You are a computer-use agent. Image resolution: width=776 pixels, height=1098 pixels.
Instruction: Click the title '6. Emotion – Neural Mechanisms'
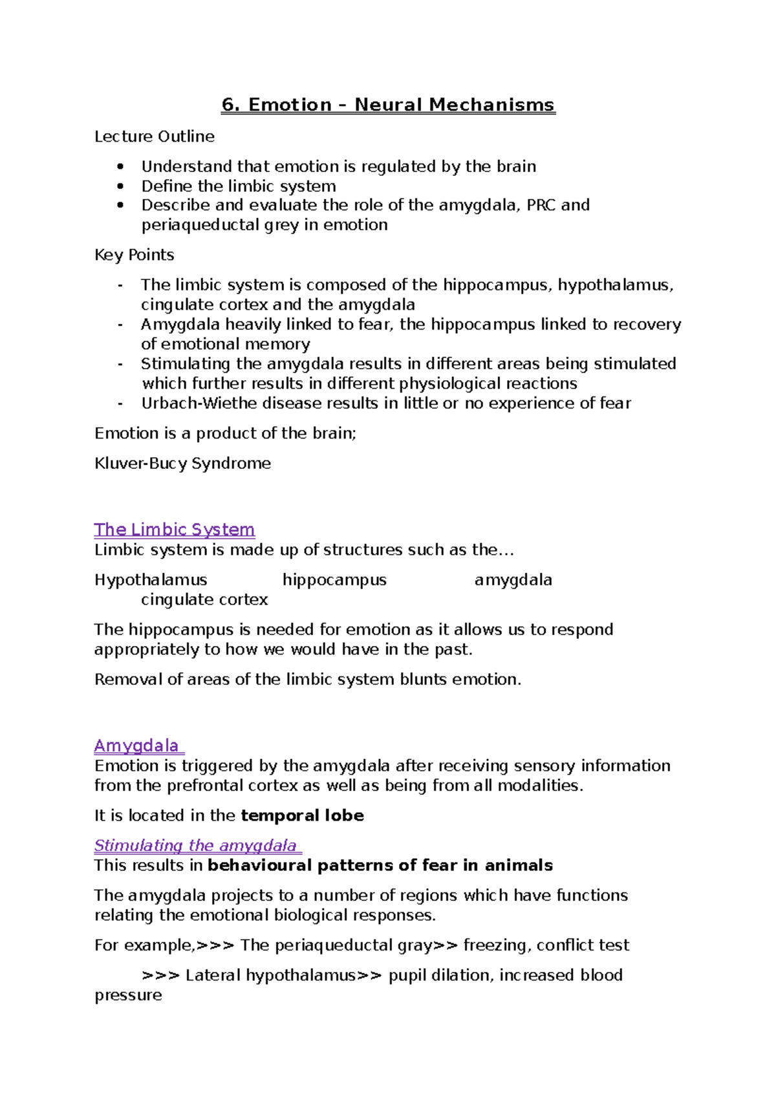388,105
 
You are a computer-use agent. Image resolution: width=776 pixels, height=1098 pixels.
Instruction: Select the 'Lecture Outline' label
155,136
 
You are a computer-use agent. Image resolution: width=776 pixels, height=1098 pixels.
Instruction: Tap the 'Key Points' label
135,255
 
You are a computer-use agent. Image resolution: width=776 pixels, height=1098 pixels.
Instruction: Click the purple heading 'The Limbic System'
175,530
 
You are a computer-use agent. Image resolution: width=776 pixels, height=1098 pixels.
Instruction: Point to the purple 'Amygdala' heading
137,746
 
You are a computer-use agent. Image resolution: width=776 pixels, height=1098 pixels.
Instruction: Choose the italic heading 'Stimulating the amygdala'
195,845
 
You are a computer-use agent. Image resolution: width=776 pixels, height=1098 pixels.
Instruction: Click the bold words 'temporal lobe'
302,815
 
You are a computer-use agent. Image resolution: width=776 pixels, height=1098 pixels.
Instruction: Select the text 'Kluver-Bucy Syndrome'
182,463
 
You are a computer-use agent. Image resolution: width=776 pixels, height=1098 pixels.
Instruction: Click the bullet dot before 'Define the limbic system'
120,186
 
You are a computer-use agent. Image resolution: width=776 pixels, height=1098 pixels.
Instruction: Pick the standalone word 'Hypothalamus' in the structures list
151,579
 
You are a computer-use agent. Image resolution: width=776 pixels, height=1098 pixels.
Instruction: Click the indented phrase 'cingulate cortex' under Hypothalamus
204,599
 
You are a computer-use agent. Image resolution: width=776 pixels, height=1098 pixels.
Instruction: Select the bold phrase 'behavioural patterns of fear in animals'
380,865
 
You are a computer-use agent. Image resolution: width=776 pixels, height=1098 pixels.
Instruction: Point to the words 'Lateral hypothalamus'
270,975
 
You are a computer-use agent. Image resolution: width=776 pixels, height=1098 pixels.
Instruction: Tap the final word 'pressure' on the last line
128,995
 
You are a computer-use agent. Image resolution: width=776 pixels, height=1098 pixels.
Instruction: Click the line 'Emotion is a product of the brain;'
225,433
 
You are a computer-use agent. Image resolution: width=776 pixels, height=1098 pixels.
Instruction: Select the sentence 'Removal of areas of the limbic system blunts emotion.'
308,680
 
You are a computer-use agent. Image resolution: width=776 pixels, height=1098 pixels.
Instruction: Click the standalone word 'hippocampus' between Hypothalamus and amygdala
334,579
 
